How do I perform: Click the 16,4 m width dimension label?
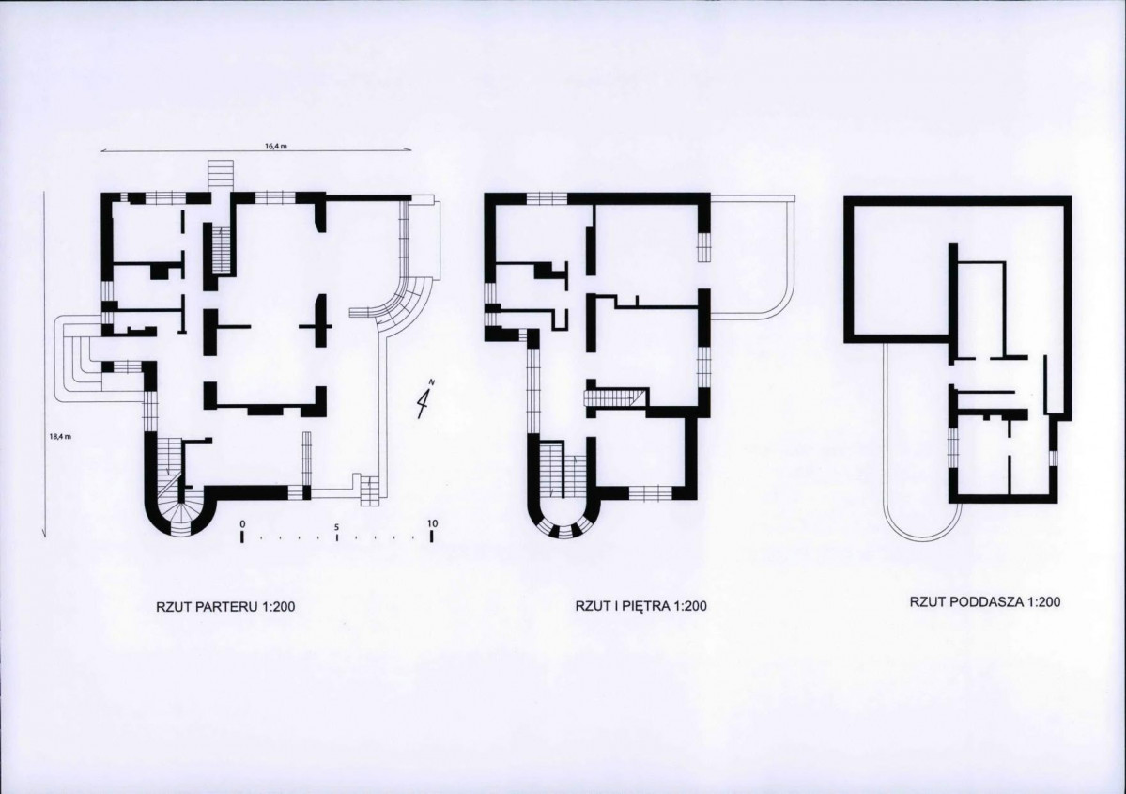tap(276, 146)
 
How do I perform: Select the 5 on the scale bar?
tap(336, 525)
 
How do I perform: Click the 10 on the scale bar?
tap(432, 523)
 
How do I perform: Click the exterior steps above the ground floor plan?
tap(221, 176)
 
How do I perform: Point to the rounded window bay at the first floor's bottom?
tap(564, 528)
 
